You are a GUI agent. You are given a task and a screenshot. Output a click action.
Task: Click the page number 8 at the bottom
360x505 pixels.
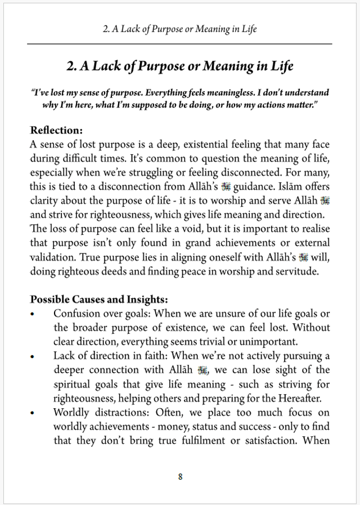tap(180, 476)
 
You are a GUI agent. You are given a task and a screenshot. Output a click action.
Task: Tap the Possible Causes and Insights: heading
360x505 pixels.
tap(99, 298)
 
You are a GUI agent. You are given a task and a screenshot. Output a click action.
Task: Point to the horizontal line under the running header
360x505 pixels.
tap(180, 43)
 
